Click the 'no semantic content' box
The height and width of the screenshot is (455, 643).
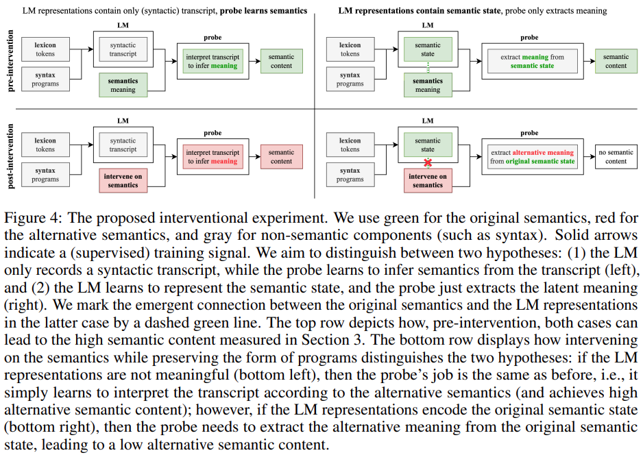coord(616,157)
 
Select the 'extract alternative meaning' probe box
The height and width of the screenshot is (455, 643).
coord(533,157)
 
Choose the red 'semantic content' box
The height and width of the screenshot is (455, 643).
coord(281,157)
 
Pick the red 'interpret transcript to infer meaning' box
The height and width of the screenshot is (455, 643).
coord(213,157)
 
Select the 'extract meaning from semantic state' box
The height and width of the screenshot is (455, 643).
coord(532,62)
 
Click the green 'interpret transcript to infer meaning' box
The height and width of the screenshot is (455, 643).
coord(213,62)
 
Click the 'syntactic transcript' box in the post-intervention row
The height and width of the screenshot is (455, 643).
coord(123,145)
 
